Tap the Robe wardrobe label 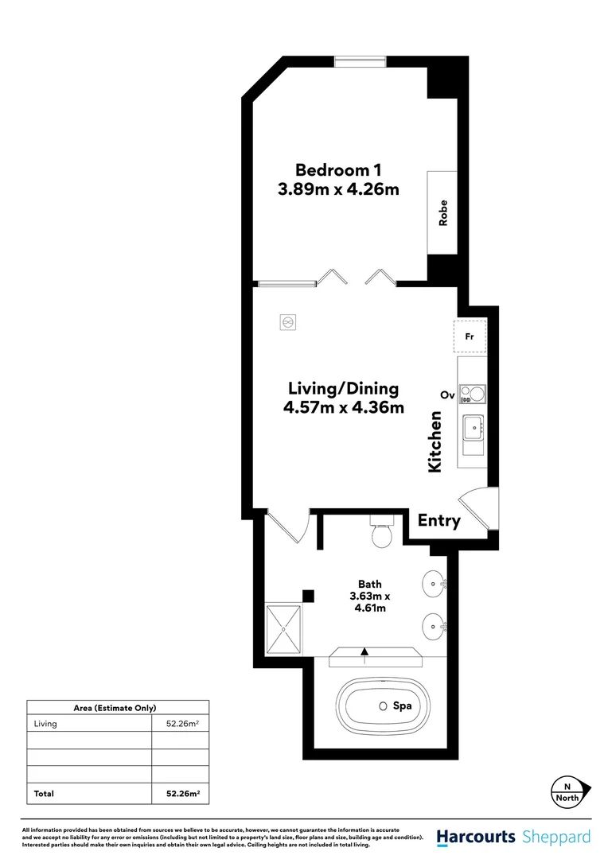click(443, 212)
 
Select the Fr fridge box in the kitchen click(470, 336)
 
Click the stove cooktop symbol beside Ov click(472, 393)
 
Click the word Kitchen click(435, 442)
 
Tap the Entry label click(439, 521)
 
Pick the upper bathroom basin click(435, 583)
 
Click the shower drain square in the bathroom click(283, 628)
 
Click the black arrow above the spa click(364, 652)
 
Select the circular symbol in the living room click(288, 322)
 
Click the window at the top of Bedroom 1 click(360, 61)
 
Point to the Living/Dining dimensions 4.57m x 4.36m click(343, 408)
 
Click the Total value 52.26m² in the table click(182, 793)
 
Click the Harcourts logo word click(477, 837)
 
